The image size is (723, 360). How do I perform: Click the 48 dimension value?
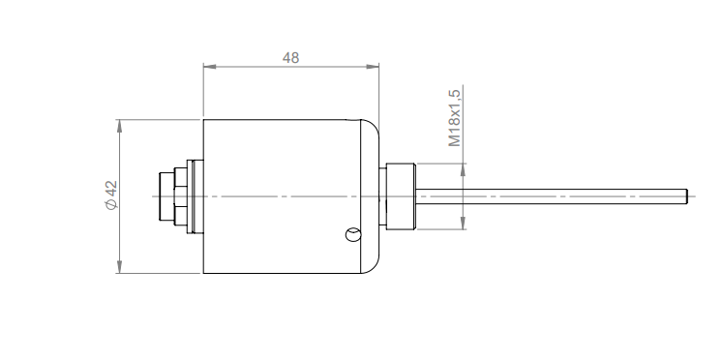pos(290,58)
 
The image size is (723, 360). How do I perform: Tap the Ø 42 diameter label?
pos(111,195)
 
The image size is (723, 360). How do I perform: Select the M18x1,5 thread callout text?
pos(454,118)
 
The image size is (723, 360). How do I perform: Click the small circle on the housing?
pos(353,235)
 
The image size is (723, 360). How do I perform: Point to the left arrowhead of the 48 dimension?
pos(210,67)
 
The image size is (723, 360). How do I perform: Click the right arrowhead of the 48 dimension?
pos(373,67)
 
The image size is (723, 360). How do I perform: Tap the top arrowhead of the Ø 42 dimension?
pos(119,126)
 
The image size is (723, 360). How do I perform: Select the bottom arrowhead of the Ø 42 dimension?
pos(119,267)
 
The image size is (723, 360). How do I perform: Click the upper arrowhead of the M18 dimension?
pos(463,169)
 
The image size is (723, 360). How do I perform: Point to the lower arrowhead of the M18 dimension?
pos(463,224)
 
